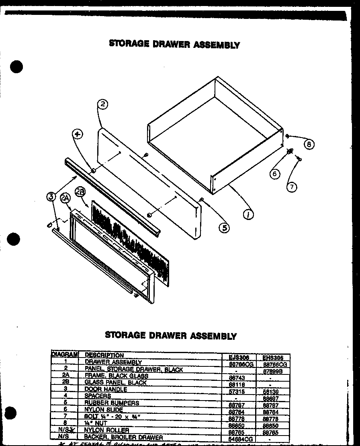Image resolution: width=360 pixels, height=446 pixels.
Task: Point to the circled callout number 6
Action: coord(275,174)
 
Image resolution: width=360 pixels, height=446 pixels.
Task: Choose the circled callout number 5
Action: coord(224,228)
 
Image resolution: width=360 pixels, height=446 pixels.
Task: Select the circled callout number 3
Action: coord(51,196)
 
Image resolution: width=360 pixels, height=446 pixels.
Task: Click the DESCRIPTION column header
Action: coord(104,355)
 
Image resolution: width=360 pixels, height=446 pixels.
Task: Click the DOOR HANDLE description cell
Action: coord(106,389)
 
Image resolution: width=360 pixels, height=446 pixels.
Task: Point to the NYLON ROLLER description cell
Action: coord(106,430)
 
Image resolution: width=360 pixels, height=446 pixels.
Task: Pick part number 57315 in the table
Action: coord(236,391)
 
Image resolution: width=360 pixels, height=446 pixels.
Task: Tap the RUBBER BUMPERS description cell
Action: coord(112,403)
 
